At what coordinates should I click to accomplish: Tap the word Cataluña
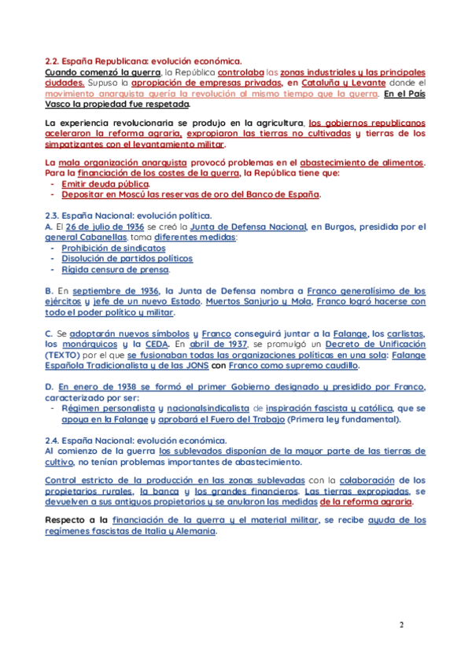[326, 82]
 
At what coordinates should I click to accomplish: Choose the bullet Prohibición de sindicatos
[113, 248]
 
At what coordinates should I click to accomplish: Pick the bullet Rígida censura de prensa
[115, 270]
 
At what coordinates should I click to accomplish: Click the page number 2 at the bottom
[401, 625]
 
